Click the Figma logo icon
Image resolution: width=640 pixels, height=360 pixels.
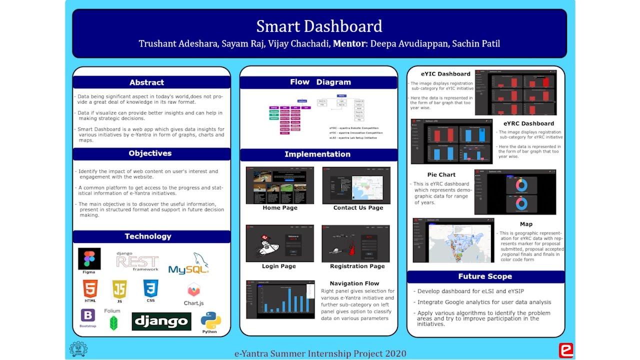(x=89, y=258)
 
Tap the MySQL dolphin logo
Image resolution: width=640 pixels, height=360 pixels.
(x=188, y=264)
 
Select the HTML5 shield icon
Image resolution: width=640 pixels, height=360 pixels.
(x=90, y=289)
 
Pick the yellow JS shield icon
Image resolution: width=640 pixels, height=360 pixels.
(x=119, y=289)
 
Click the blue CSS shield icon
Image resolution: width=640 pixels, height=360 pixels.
(x=150, y=288)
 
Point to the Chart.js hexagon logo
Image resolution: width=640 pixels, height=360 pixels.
(x=193, y=289)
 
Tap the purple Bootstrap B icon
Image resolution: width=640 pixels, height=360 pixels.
(x=88, y=315)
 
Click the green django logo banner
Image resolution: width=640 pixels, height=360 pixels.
(x=161, y=321)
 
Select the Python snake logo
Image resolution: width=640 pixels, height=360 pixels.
(x=210, y=320)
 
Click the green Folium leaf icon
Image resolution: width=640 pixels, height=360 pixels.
(x=114, y=323)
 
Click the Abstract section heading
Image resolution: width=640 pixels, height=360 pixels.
(x=146, y=82)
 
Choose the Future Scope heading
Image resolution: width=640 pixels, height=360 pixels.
(x=485, y=276)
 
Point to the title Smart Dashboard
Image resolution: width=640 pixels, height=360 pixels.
(x=319, y=26)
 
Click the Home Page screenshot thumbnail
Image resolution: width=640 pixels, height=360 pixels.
(x=280, y=185)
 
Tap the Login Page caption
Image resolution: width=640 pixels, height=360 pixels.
(x=279, y=266)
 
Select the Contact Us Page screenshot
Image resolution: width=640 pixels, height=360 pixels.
(x=356, y=185)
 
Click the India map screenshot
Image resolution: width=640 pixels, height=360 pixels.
(x=453, y=240)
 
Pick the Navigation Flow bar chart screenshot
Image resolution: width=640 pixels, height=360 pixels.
(x=280, y=299)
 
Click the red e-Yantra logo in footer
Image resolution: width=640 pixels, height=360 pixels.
(x=565, y=350)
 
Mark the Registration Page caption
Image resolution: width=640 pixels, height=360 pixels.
(x=357, y=266)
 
